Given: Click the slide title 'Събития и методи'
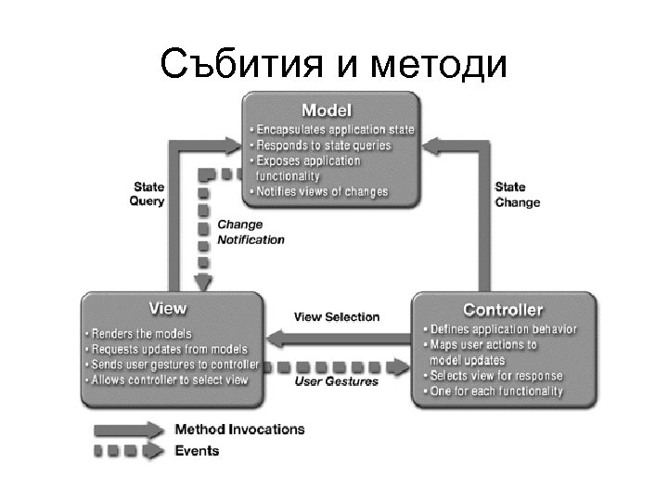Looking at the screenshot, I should [x=333, y=64].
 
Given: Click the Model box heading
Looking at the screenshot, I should [x=331, y=109].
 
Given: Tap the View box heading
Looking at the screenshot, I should [x=168, y=308].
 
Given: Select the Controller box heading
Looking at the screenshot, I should [x=503, y=310].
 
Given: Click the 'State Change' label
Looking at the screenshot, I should [x=517, y=195].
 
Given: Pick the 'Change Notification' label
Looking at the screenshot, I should [x=250, y=232].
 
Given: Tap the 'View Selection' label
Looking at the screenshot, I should [x=337, y=316].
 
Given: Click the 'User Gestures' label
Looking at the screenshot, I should [x=337, y=381].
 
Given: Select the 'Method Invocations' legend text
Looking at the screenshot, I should [x=239, y=430].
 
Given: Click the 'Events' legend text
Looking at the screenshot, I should [x=198, y=451].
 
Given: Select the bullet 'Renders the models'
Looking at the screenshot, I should [x=140, y=333].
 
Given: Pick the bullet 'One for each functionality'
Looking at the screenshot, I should [x=495, y=392].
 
